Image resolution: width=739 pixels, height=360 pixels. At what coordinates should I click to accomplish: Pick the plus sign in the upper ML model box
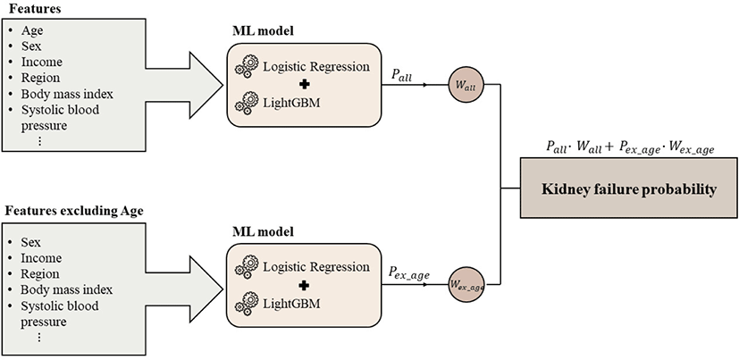(304, 88)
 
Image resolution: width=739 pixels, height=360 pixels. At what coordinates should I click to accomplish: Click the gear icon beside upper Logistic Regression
(244, 68)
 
